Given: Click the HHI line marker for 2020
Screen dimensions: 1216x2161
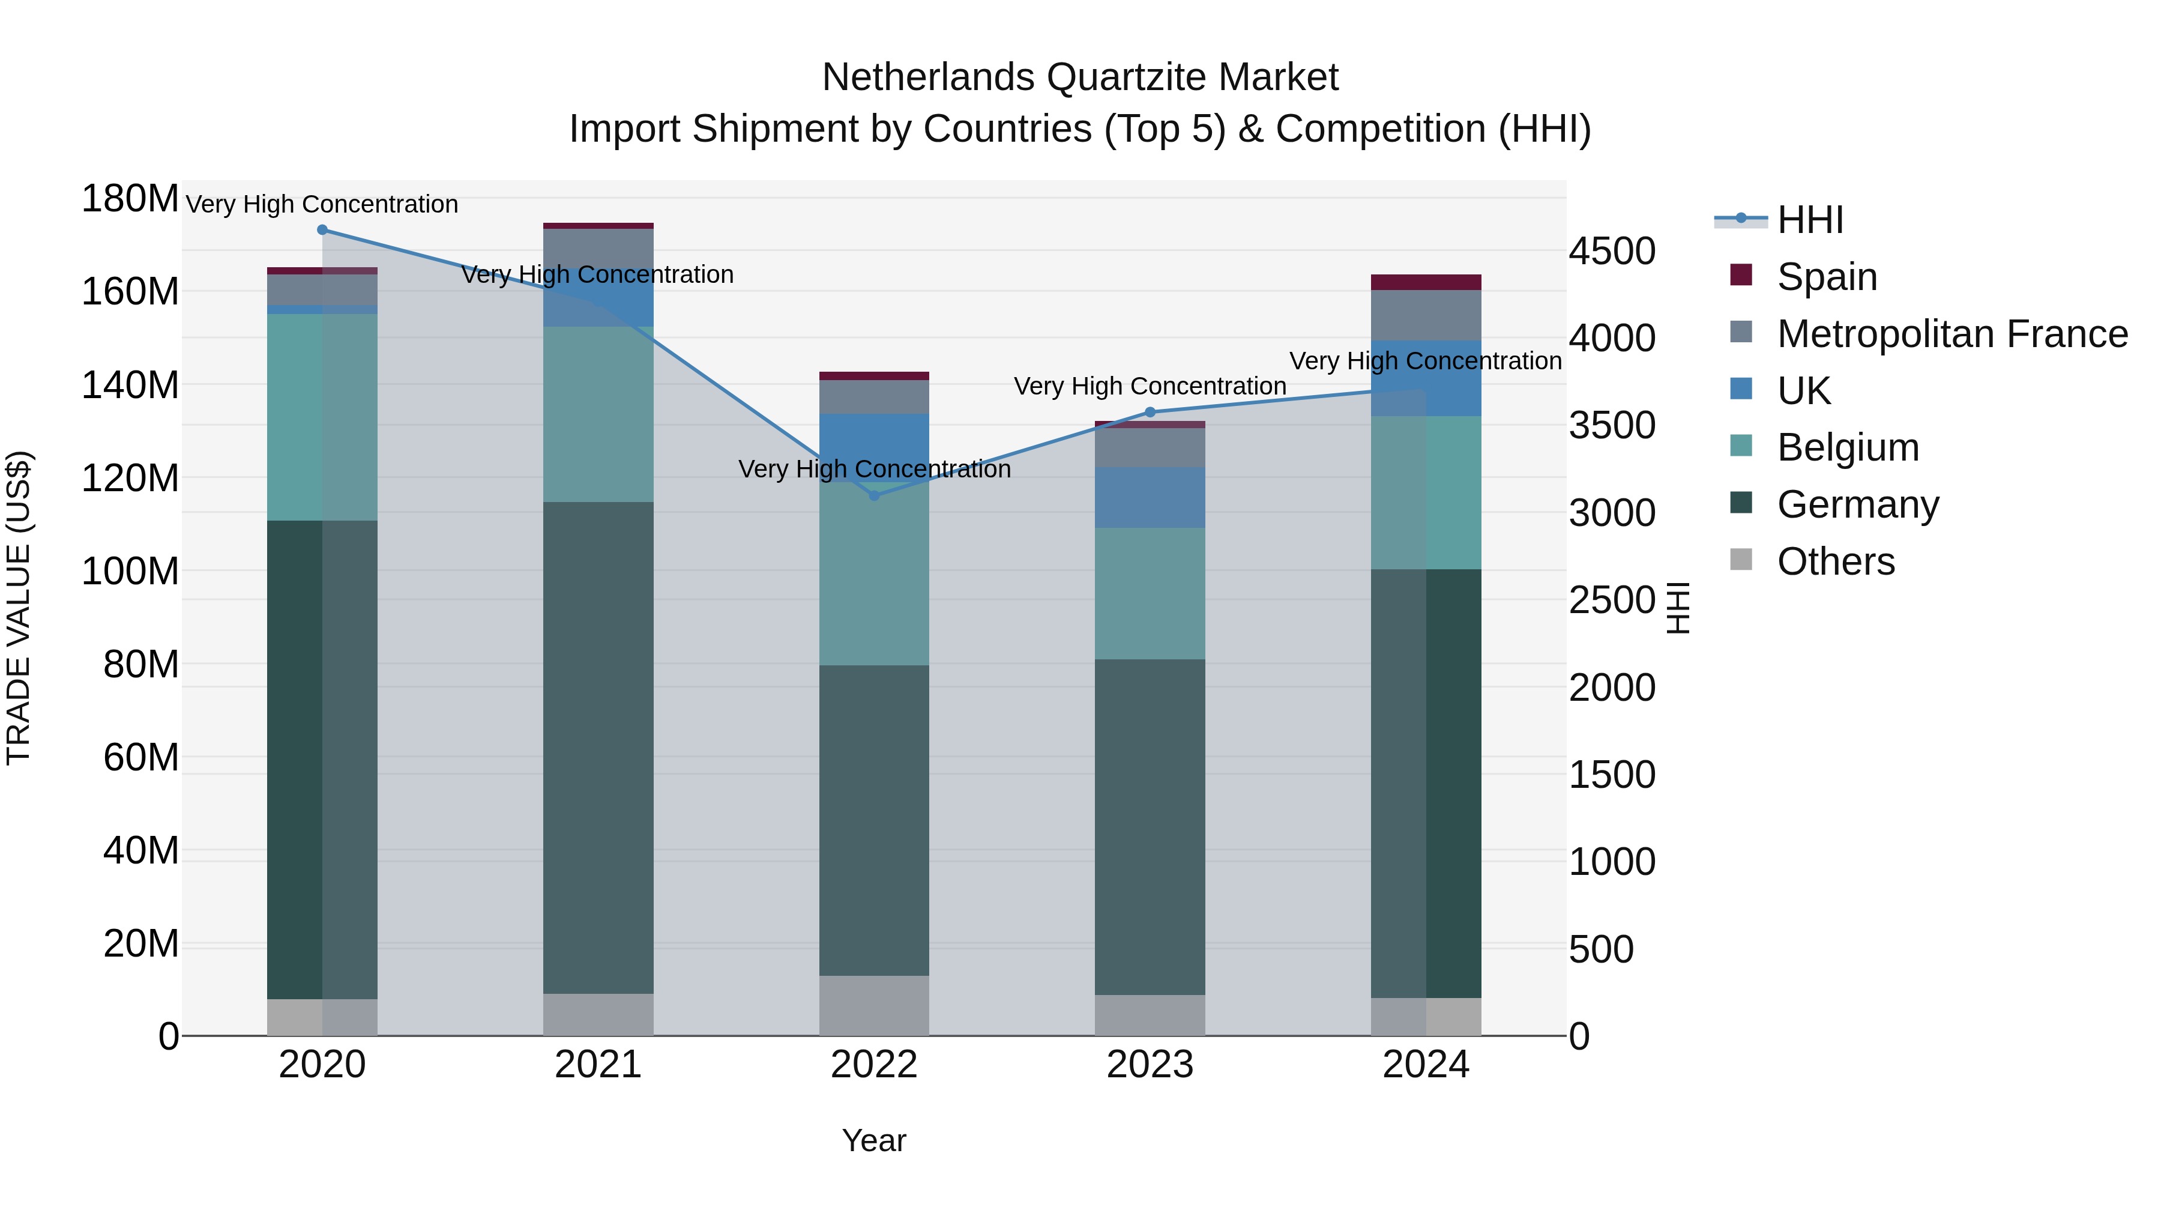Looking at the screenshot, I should [322, 230].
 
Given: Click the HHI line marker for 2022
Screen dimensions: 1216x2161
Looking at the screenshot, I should [874, 496].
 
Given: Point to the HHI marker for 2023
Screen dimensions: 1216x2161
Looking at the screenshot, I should [1150, 412].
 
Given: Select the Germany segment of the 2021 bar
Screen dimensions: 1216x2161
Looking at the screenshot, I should [598, 747].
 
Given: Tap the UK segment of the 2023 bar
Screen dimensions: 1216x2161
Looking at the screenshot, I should [1150, 498].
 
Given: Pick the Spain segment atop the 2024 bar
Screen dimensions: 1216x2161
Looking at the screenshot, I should [1426, 282].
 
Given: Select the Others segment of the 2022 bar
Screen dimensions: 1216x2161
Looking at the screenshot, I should [874, 1005].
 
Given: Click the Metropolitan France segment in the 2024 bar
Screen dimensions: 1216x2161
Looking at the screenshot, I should [1426, 315].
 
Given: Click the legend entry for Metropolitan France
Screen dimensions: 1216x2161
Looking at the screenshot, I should [1952, 334].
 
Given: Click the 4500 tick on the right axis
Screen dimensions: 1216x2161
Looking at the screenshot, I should [1612, 252].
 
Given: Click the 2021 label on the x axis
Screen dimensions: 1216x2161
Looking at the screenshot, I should [598, 1065].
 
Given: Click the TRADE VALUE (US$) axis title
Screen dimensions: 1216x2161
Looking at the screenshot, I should [19, 608].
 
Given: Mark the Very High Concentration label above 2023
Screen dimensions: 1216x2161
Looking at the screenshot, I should [1150, 386].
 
